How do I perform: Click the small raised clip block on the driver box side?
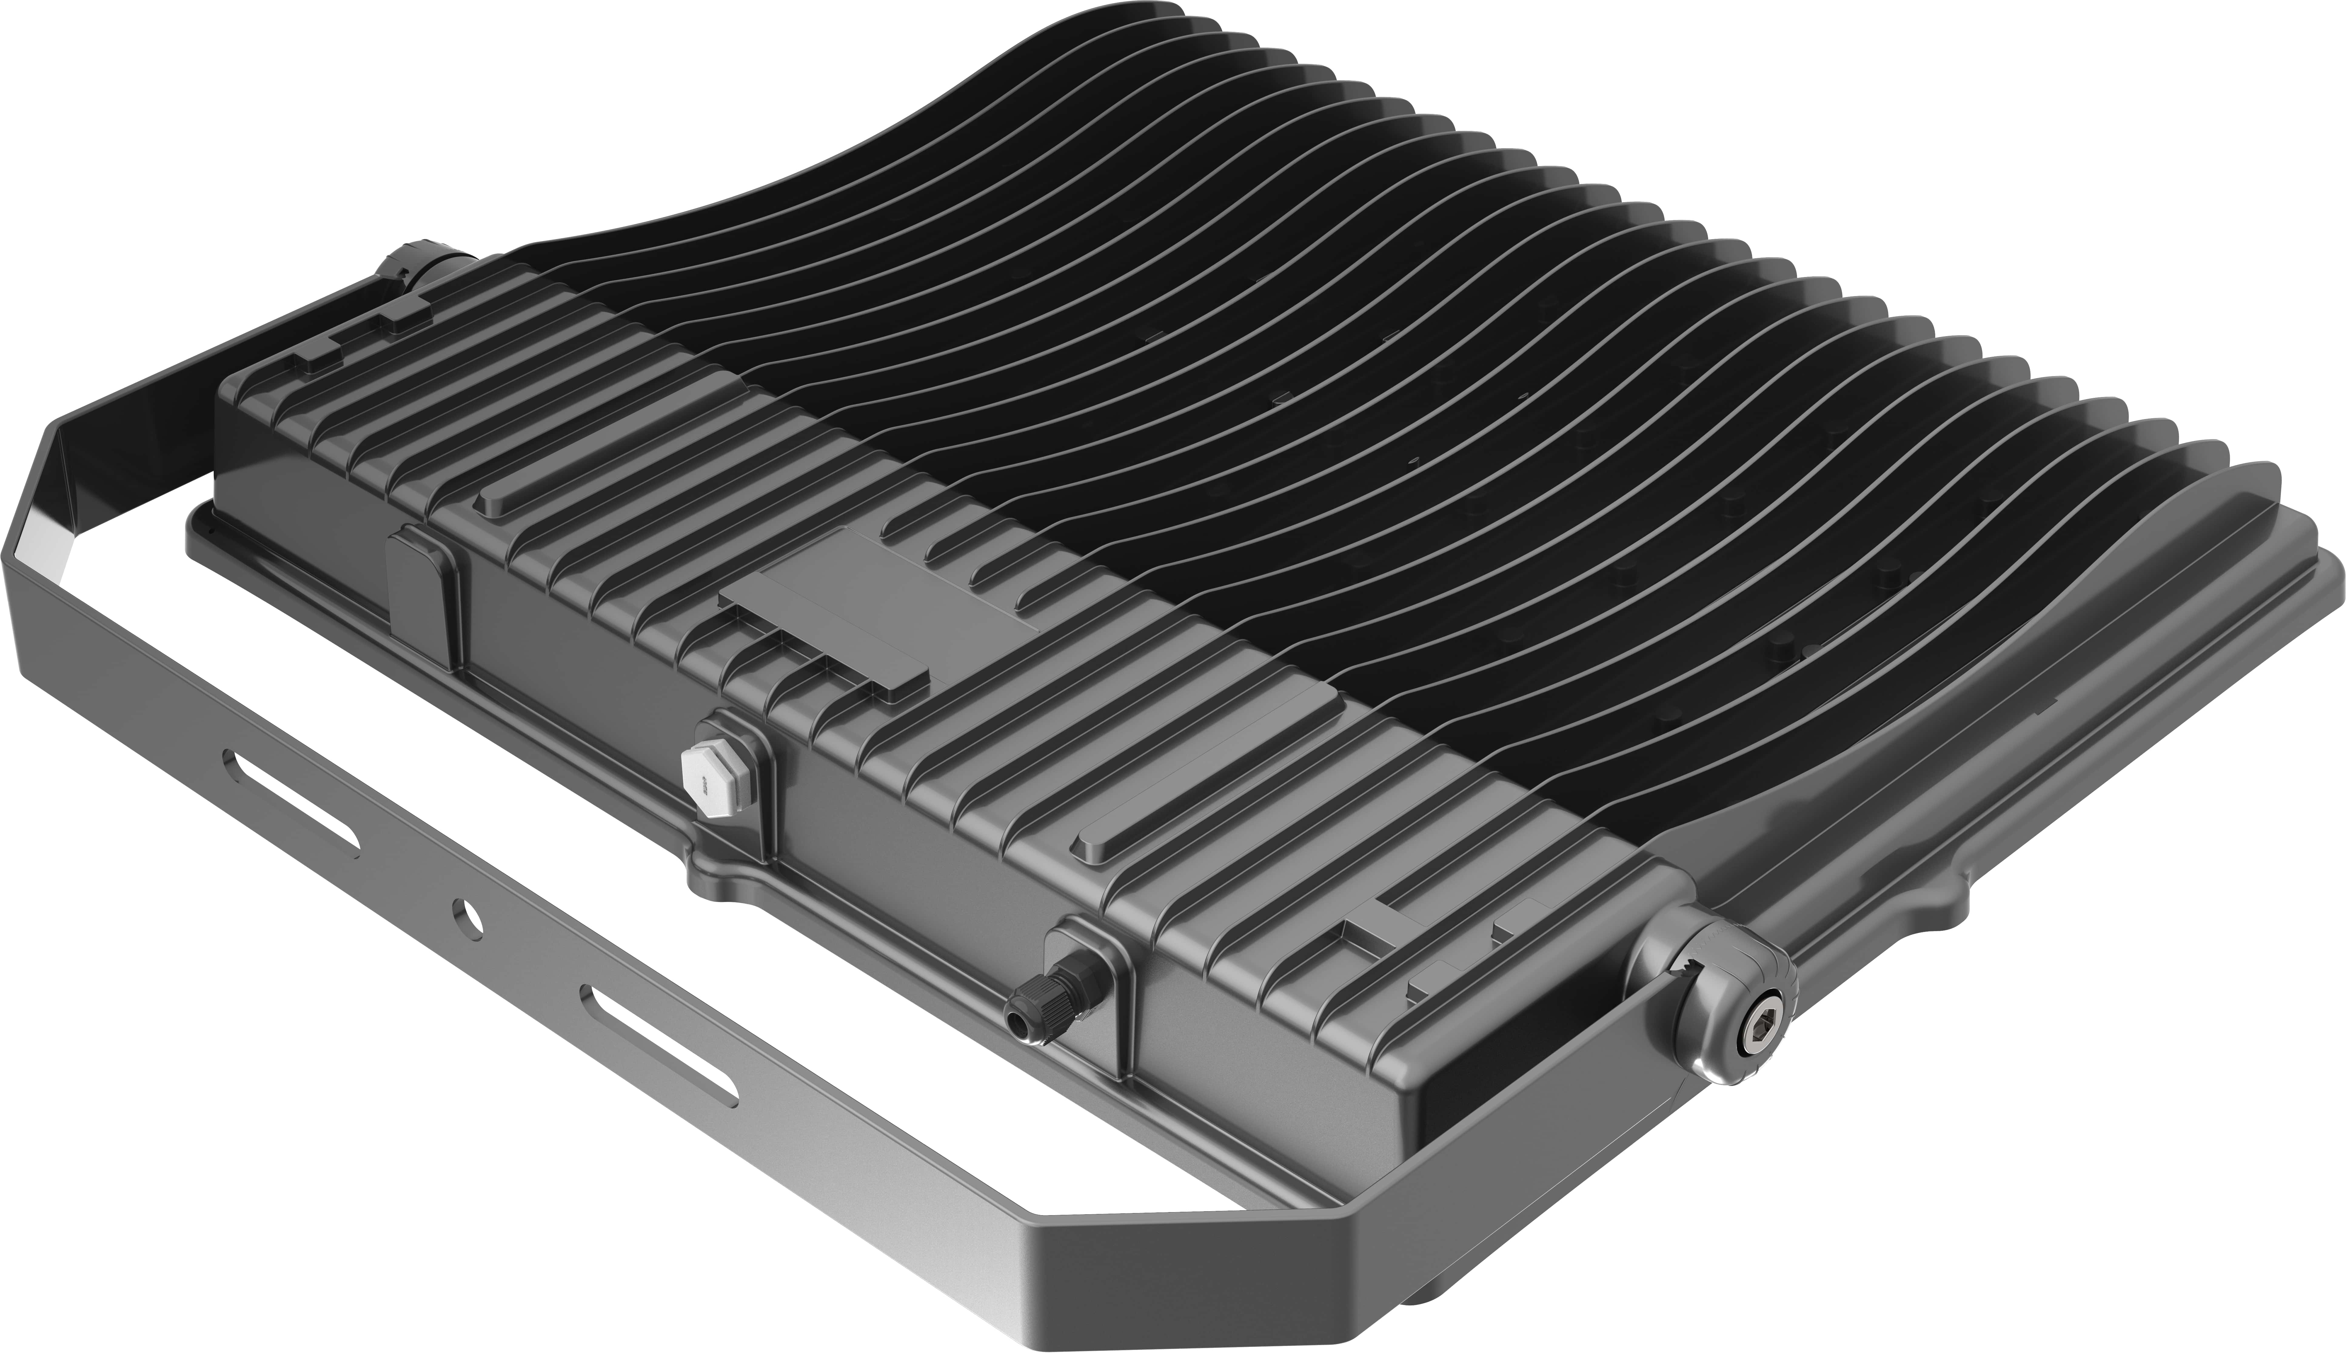click(x=423, y=595)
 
